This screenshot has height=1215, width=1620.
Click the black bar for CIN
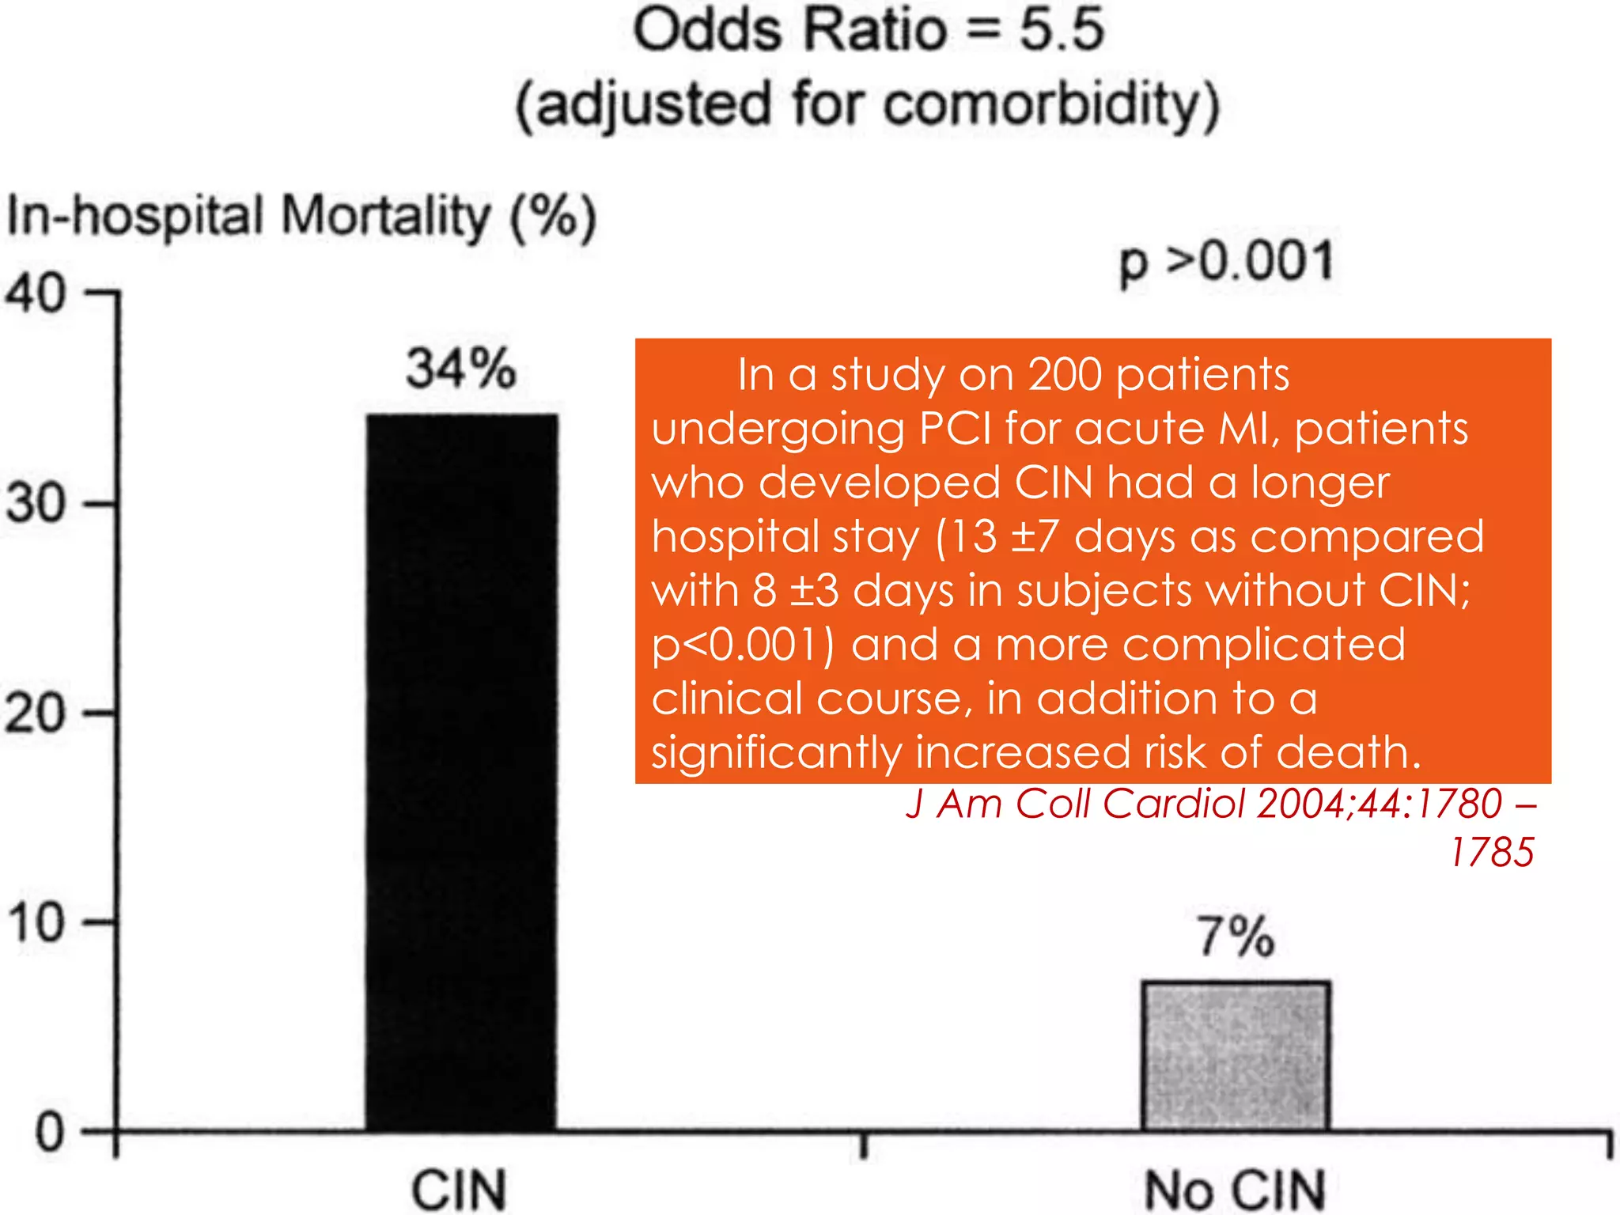coord(462,771)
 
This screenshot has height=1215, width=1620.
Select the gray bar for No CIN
coord(1236,1056)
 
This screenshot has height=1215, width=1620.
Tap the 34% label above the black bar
coord(461,369)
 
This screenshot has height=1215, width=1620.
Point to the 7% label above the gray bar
coord(1236,937)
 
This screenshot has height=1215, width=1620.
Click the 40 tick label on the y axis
coord(36,294)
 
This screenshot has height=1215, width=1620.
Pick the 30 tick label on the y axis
coord(36,503)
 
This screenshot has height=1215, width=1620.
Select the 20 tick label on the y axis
coord(36,713)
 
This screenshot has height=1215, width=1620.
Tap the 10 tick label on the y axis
coord(36,922)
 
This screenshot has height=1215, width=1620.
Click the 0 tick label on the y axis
coord(49,1133)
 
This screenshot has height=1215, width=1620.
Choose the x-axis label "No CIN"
coord(1236,1189)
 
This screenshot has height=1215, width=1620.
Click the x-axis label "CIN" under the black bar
coord(459,1189)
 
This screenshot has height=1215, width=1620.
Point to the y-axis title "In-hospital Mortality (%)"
coord(301,217)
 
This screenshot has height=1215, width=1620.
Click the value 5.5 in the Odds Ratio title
coord(1061,30)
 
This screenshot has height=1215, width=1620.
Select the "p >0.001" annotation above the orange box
coord(1227,262)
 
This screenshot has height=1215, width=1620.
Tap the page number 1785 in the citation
coord(1492,853)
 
